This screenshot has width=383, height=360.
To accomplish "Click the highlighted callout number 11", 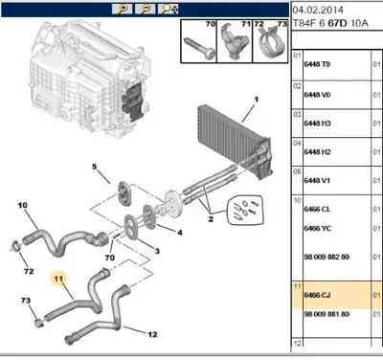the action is [x=58, y=279].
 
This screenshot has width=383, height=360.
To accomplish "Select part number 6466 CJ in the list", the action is [x=317, y=295].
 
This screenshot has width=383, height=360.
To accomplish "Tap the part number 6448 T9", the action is [x=317, y=64].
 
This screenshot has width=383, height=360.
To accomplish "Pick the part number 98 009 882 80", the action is [x=327, y=257].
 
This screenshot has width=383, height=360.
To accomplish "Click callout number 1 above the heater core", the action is [x=256, y=100].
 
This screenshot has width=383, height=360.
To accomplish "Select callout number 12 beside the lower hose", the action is [x=152, y=334].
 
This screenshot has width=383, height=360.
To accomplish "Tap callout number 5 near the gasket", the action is [x=94, y=167].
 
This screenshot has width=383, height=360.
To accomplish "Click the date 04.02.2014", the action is [x=318, y=10].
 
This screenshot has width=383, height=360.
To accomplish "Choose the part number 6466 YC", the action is [x=318, y=229].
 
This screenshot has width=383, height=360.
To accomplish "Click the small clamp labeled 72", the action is [x=15, y=245].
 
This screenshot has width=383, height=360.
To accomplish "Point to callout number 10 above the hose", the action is [x=23, y=205].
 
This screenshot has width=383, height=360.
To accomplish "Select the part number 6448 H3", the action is [x=317, y=124].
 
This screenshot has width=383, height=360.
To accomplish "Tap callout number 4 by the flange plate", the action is [x=180, y=233].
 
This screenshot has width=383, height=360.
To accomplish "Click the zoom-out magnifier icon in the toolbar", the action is [x=146, y=9].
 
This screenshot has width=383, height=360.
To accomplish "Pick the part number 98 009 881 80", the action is [x=327, y=314].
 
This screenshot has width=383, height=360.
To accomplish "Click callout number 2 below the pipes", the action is [x=211, y=219].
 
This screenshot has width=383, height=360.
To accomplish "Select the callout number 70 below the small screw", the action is [x=110, y=258].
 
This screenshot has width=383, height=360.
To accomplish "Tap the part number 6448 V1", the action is [x=317, y=181].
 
